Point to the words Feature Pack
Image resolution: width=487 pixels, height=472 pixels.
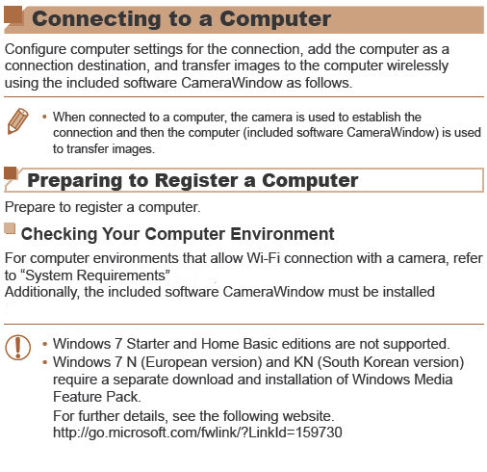[100, 396]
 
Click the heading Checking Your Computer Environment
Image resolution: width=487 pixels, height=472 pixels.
[177, 234]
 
